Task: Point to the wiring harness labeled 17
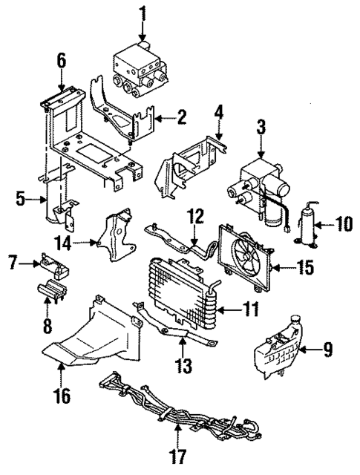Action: pos(171,419)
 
